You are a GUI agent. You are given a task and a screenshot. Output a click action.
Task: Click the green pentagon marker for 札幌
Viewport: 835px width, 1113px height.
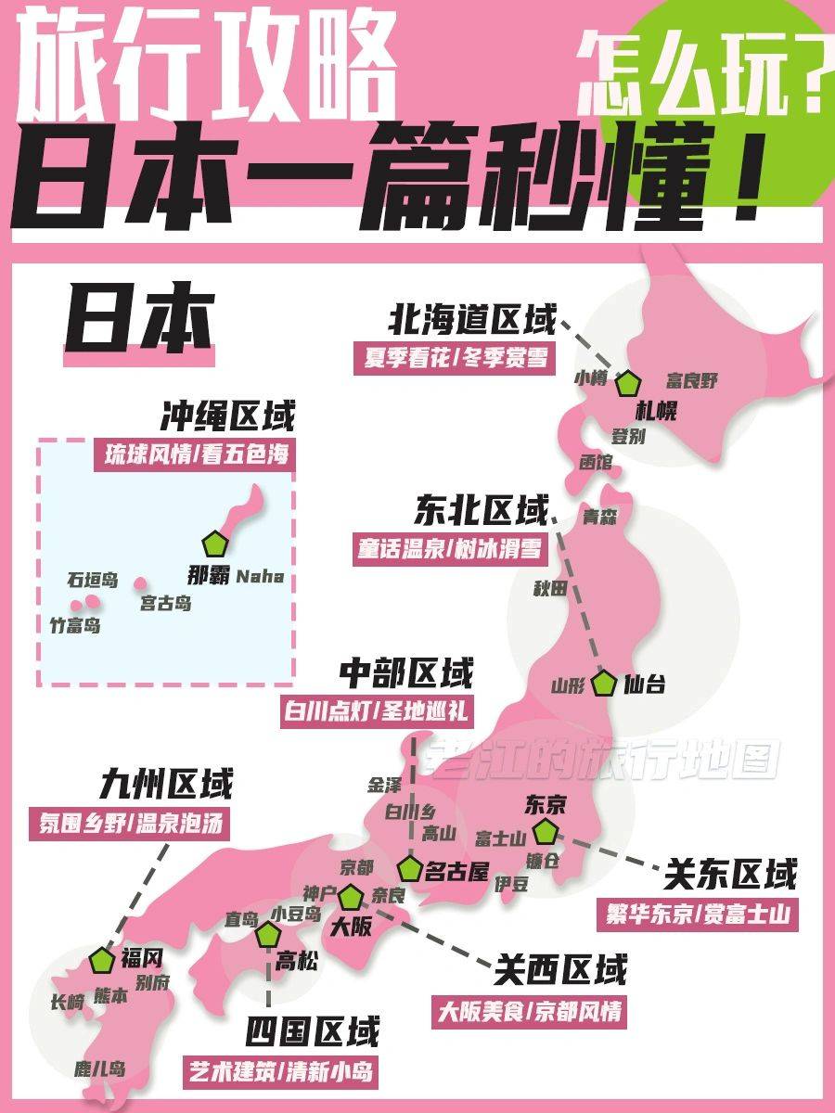coord(629,383)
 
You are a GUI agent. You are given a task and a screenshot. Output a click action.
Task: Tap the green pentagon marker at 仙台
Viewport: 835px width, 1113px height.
coord(605,684)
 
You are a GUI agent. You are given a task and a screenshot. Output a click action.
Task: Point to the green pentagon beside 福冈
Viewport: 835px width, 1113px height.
coord(102,960)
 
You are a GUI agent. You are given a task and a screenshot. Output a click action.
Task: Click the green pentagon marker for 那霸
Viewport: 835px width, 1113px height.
coord(214,544)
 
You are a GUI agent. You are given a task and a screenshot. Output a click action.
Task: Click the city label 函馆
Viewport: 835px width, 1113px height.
coord(595,461)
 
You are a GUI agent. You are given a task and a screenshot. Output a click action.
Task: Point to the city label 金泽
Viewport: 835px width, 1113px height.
coord(385,785)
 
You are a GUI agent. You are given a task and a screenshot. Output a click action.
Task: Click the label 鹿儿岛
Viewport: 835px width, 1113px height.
coord(100,1068)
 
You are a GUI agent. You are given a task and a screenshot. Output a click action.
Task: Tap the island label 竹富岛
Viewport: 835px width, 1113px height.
coord(75,625)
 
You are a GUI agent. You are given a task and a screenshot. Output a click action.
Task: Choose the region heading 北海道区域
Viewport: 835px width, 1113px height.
coord(472,320)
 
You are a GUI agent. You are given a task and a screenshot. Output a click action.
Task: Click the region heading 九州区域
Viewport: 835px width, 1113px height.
coord(166,785)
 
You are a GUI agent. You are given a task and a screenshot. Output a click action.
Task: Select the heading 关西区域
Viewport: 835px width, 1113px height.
coord(560,970)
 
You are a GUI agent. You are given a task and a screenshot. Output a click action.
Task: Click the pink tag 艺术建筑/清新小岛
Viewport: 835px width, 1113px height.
coord(283,1072)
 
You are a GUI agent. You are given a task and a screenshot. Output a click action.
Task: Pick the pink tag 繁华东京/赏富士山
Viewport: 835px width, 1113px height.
coord(696,914)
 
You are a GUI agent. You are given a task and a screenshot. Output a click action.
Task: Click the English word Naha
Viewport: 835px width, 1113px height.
coord(260,577)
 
